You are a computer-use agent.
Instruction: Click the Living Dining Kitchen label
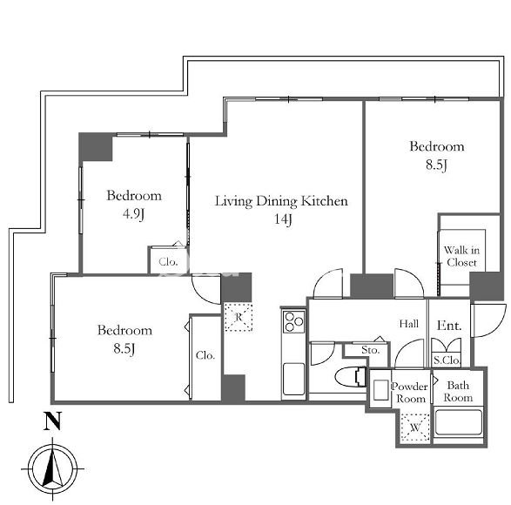[x=281, y=201]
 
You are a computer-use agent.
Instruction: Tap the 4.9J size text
[x=133, y=214]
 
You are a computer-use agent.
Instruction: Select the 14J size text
[x=282, y=219]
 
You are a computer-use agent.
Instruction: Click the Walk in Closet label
[x=461, y=256]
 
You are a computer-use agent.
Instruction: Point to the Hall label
[x=409, y=324]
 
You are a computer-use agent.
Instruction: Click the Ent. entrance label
[x=449, y=326]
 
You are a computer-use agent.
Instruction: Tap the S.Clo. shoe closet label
[x=447, y=360]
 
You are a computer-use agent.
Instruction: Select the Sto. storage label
[x=371, y=350]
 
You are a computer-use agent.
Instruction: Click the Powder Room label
[x=410, y=393]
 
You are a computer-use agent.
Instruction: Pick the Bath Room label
[x=458, y=391]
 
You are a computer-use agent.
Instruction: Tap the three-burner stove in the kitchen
[x=294, y=322]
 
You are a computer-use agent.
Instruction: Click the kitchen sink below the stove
[x=293, y=379]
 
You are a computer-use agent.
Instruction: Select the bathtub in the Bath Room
[x=458, y=422]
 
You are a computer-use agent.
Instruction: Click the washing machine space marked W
[x=415, y=428]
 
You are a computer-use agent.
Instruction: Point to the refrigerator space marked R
[x=239, y=317]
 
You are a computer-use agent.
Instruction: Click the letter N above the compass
[x=53, y=421]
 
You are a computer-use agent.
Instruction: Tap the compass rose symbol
[x=53, y=468]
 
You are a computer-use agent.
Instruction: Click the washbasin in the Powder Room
[x=380, y=389]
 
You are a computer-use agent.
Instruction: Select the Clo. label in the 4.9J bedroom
[x=168, y=261]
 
